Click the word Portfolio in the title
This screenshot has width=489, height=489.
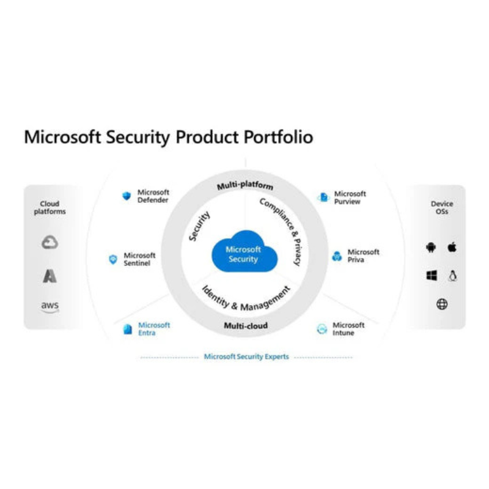[278, 137]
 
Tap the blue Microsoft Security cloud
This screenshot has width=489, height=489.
[244, 251]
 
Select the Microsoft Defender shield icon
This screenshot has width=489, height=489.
[127, 196]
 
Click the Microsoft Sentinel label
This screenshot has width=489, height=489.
[139, 259]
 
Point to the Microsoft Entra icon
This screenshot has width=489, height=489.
[128, 329]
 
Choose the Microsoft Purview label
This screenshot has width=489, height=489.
[350, 197]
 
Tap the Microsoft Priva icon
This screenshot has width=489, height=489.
[337, 256]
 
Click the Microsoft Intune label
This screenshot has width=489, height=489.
[348, 329]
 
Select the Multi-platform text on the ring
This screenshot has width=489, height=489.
[245, 185]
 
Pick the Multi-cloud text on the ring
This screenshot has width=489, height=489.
[246, 326]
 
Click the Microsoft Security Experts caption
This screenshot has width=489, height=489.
[246, 356]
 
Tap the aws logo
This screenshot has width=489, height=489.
[50, 307]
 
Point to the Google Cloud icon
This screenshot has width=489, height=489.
[50, 242]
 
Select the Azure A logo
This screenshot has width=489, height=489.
[50, 276]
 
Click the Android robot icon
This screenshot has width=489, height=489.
[431, 248]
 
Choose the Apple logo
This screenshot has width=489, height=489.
[452, 247]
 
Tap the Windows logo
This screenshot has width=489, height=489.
[432, 276]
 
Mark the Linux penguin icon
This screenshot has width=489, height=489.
[452, 276]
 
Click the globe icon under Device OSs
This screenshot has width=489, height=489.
[442, 304]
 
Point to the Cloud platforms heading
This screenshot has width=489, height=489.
[50, 207]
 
